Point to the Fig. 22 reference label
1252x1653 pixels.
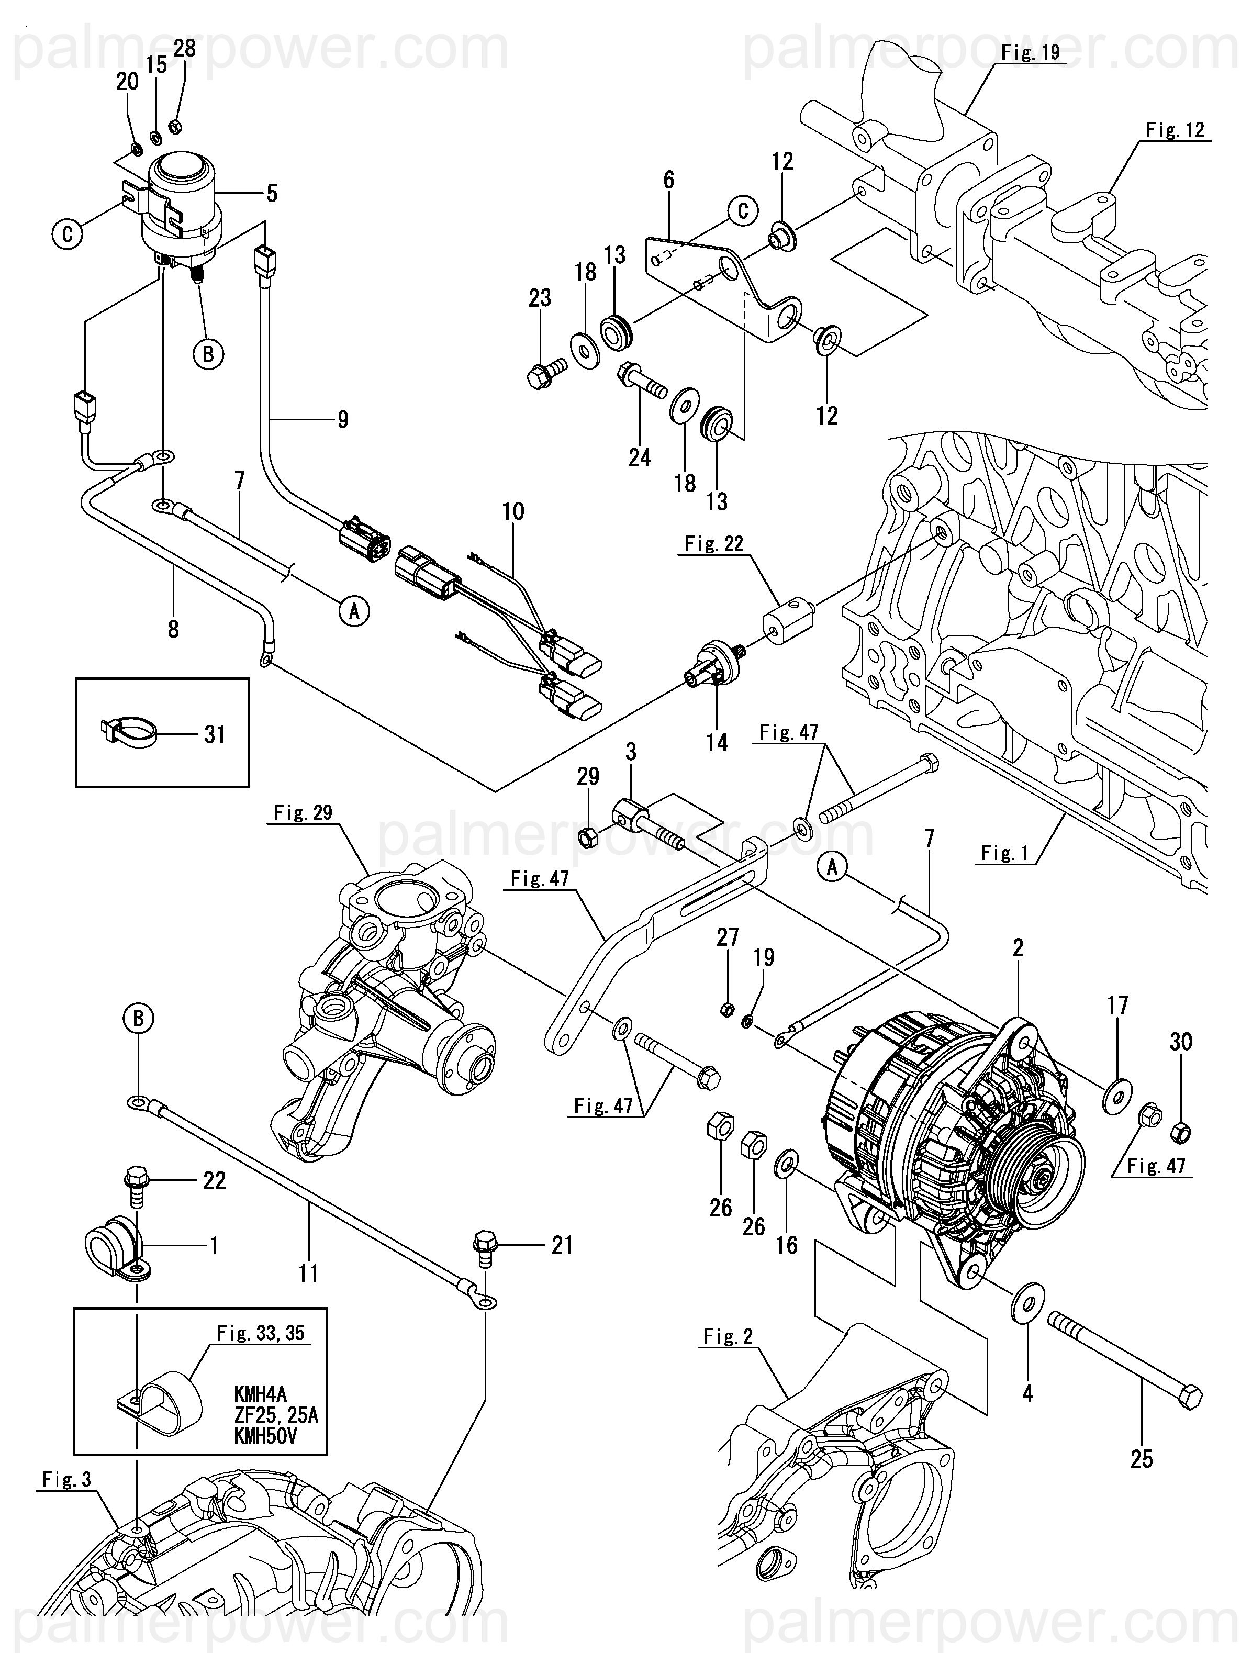pyautogui.click(x=714, y=543)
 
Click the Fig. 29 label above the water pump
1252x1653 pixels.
pyautogui.click(x=303, y=812)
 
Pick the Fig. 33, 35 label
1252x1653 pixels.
pyautogui.click(x=261, y=1333)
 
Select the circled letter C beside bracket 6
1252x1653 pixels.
pyautogui.click(x=742, y=211)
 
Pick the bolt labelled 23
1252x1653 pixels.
pyautogui.click(x=541, y=374)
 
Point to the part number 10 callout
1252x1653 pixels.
pyautogui.click(x=513, y=512)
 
